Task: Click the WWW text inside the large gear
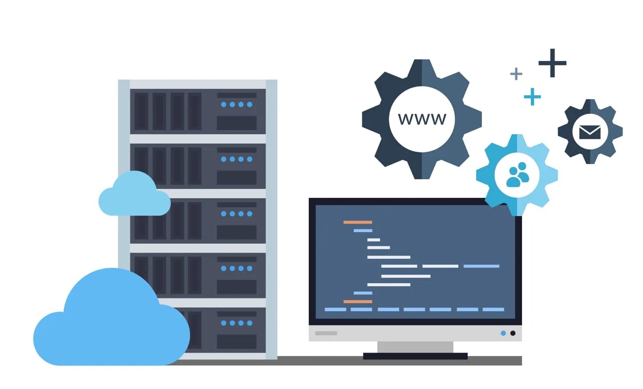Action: tap(422, 119)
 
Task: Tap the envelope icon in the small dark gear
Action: tap(590, 132)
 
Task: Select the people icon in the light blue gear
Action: tap(517, 175)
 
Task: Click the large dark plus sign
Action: tap(552, 63)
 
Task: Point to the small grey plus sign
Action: tap(516, 73)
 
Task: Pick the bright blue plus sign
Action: tap(532, 96)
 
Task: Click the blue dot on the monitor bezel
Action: tap(503, 333)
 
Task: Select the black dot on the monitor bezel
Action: tap(513, 333)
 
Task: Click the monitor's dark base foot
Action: tap(415, 356)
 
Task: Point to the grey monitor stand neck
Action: tap(415, 347)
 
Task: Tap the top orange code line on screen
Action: tap(357, 222)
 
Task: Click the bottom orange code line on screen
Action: tap(357, 301)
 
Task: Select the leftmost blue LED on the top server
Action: tap(224, 104)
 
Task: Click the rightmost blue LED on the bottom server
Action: tap(250, 323)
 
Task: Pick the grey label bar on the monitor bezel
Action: tap(326, 333)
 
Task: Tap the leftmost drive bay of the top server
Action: tap(141, 112)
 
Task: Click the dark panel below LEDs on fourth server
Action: tap(237, 287)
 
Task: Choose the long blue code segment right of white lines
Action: tap(481, 266)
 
